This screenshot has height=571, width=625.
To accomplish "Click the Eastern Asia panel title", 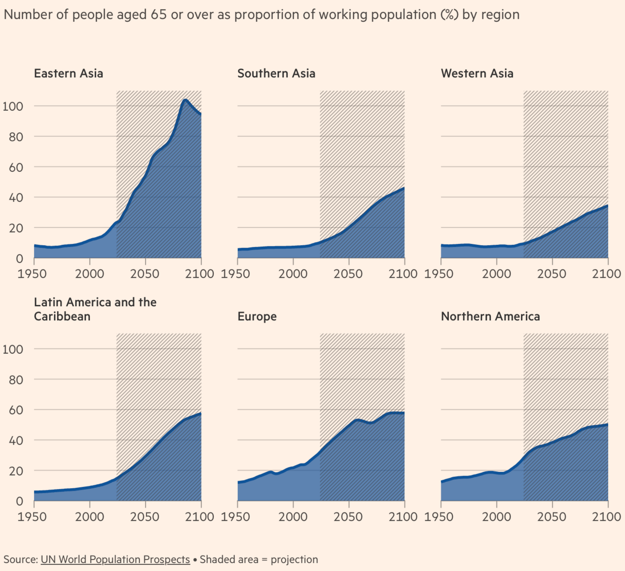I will click(x=68, y=74).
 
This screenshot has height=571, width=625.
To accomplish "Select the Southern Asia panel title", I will click(x=276, y=74).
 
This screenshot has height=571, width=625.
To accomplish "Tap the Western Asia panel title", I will click(x=477, y=74).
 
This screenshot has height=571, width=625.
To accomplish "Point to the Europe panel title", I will click(x=257, y=316).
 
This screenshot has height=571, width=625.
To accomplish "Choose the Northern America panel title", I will click(x=490, y=316).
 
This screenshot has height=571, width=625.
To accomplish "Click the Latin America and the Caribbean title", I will click(x=95, y=309).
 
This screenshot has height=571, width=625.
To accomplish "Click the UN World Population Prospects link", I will click(x=115, y=559).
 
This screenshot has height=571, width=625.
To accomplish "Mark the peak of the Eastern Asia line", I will click(x=185, y=100).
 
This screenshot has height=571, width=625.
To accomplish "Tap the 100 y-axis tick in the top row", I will click(x=13, y=106).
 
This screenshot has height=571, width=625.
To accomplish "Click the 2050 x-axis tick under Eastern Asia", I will click(x=145, y=274).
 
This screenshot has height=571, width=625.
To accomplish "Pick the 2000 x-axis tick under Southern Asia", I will click(x=293, y=274).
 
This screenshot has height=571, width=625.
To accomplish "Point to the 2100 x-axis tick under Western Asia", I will click(x=607, y=274).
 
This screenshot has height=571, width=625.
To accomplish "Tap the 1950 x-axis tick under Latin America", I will click(x=33, y=517).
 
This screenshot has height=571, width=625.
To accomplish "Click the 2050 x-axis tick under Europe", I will click(x=348, y=517).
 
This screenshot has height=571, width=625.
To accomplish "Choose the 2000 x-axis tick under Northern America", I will click(x=496, y=517).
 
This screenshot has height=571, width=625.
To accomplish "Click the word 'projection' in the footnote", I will click(x=294, y=559).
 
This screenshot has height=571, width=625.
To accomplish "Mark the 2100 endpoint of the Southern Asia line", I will click(x=404, y=188).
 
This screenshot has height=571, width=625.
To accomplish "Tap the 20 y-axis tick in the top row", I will click(x=16, y=228).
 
